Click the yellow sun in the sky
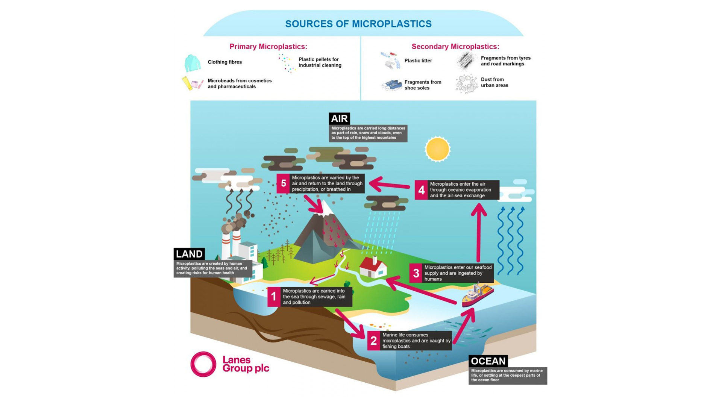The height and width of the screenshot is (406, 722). pyautogui.click(x=437, y=149)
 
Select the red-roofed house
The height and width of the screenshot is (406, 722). pyautogui.click(x=373, y=267)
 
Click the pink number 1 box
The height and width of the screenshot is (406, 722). pyautogui.click(x=274, y=297)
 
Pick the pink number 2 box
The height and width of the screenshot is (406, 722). pyautogui.click(x=373, y=341)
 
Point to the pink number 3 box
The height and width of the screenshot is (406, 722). pyautogui.click(x=416, y=273)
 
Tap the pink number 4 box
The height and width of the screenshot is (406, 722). pyautogui.click(x=421, y=190)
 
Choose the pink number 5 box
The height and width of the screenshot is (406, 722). pyautogui.click(x=283, y=183)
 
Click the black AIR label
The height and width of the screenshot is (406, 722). pyautogui.click(x=339, y=119)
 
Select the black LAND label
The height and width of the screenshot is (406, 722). pyautogui.click(x=189, y=254)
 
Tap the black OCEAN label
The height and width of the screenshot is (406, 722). pyautogui.click(x=488, y=361)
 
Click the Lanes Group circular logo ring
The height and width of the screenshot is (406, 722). pyautogui.click(x=203, y=364)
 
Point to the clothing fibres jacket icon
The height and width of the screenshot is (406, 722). pyautogui.click(x=192, y=63)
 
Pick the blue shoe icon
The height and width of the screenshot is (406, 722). pyautogui.click(x=391, y=85)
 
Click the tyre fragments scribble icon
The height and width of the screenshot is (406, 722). pyautogui.click(x=466, y=61)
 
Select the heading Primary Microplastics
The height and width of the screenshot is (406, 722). pyautogui.click(x=268, y=47)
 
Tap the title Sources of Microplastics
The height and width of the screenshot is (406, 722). pyautogui.click(x=358, y=24)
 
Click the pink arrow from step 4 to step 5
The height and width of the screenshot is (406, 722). pyautogui.click(x=389, y=185)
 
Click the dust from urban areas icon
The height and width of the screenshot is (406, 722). pyautogui.click(x=466, y=83)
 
